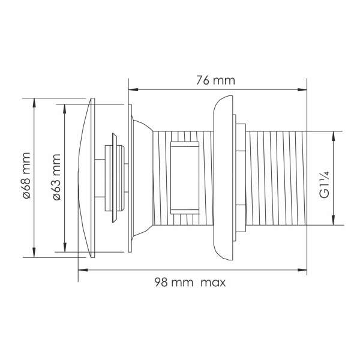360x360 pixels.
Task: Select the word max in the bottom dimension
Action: click(213, 281)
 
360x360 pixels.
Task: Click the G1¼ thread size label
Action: click(324, 184)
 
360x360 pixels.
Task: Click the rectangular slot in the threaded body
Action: click(184, 177)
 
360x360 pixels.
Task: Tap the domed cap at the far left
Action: click(86, 177)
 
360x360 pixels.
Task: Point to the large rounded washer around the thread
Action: click(223, 177)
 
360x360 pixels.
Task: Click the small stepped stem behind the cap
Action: click(115, 177)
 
